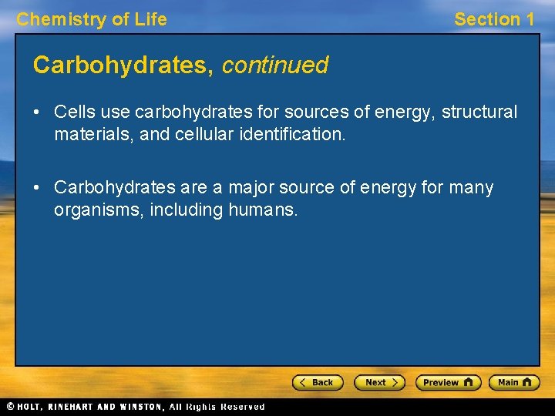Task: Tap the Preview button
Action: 448,382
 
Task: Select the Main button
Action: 514,382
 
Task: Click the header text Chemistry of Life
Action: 92,19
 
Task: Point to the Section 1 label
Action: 493,19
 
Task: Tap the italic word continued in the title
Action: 275,65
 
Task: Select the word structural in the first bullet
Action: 479,112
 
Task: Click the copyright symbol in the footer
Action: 10,406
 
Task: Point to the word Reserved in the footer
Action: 242,406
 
